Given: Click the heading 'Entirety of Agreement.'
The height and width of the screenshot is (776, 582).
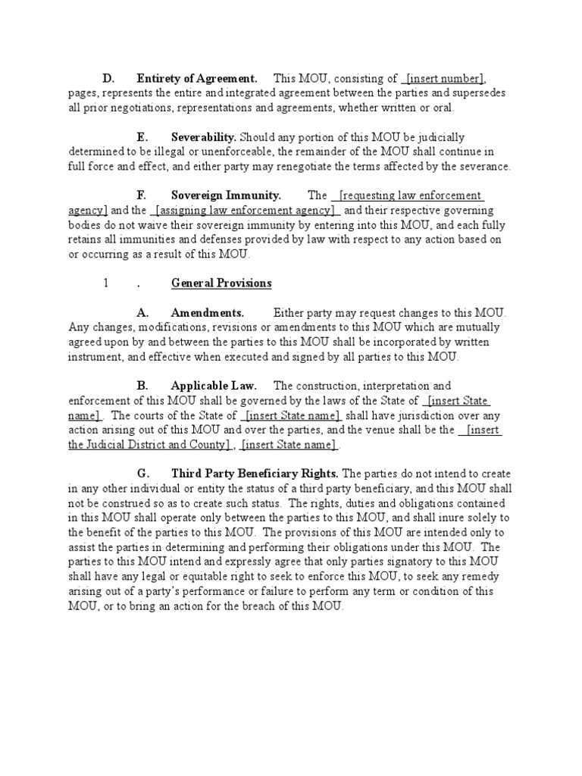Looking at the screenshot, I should (x=196, y=79).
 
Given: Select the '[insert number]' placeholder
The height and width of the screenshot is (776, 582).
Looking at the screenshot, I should (x=445, y=79).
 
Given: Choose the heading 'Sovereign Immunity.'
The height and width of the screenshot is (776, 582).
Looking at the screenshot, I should (x=226, y=196).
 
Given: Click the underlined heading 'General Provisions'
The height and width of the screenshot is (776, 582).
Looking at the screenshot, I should (x=221, y=283).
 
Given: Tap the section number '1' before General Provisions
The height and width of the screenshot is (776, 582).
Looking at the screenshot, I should (x=107, y=283).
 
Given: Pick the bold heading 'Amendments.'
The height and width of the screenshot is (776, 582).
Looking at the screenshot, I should (x=207, y=313).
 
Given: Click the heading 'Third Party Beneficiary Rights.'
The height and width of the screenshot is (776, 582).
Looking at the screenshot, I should (x=255, y=474).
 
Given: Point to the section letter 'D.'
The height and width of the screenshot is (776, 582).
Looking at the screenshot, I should (x=108, y=79).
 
